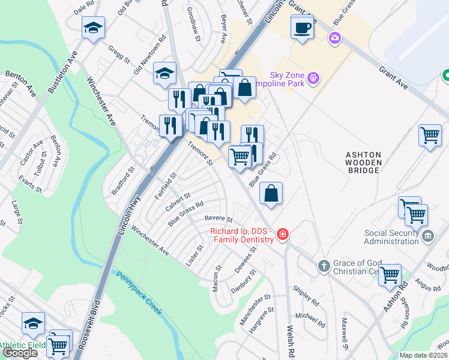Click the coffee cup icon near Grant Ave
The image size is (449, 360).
302,27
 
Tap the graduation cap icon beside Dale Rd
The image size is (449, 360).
93,28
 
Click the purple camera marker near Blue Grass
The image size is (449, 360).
334,38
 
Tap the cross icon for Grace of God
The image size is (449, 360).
323,266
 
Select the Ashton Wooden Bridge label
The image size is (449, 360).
363,162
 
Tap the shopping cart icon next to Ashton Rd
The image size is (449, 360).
390,275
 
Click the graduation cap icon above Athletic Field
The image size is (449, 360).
34,324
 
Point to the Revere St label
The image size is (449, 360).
218,219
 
